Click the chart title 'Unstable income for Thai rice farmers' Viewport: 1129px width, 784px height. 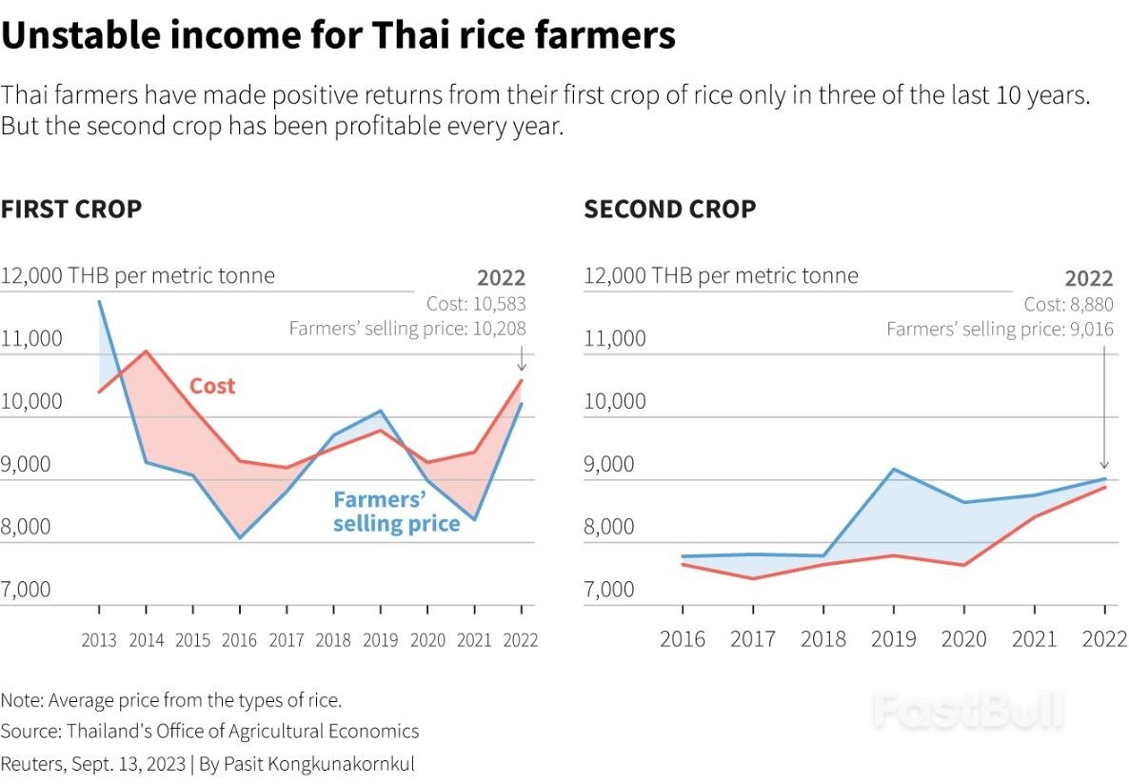tap(338, 36)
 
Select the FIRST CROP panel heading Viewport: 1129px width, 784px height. tap(71, 209)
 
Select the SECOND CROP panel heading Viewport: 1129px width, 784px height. tap(670, 209)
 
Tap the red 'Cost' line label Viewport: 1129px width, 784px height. tap(211, 386)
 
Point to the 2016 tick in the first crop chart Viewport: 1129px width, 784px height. tap(240, 639)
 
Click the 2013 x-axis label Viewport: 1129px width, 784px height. tap(99, 639)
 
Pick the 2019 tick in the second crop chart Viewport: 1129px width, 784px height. tap(894, 637)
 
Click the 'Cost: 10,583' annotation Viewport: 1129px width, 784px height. tap(475, 304)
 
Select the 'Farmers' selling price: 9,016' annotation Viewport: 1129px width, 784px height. tap(1000, 329)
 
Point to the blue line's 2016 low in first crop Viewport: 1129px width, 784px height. tap(240, 538)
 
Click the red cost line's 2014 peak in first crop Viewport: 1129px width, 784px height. tap(146, 351)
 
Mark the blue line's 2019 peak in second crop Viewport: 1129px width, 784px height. tap(894, 469)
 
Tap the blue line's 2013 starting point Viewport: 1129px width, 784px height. tap(99, 301)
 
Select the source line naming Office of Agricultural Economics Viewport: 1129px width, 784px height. tap(209, 731)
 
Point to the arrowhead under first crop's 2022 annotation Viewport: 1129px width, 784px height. tap(522, 368)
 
